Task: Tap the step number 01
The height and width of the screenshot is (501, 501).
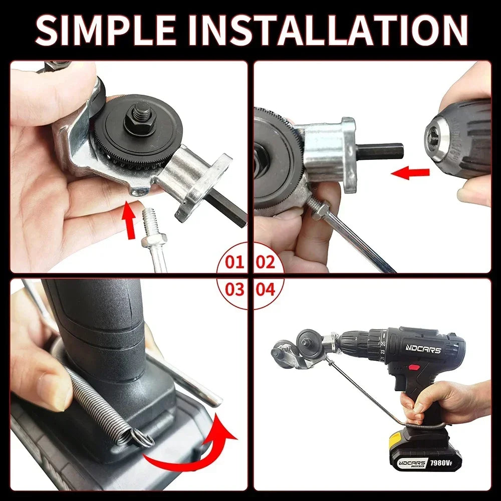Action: [x=234, y=262]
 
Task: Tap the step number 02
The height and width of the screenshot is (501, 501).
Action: [x=266, y=262]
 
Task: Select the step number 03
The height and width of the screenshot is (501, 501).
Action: [x=234, y=289]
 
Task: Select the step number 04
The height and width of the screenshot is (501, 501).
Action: [x=266, y=289]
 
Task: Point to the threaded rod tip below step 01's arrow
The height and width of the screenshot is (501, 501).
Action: [x=150, y=220]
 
